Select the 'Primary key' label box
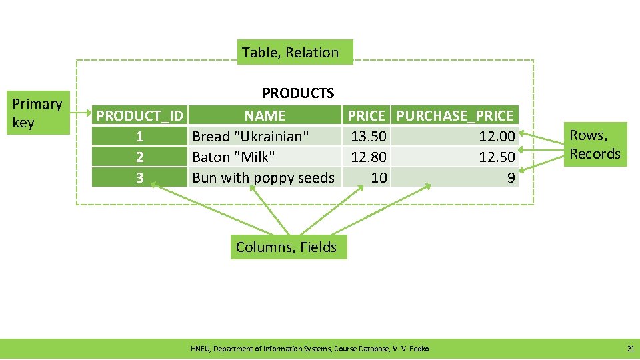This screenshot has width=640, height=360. point(37,113)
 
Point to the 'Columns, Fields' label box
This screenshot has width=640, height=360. point(287,247)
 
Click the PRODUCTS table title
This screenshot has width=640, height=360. point(298,93)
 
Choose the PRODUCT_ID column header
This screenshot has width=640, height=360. point(140,116)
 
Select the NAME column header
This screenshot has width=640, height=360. point(265,116)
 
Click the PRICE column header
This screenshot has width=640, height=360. point(366,116)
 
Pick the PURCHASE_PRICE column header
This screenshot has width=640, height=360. point(455,116)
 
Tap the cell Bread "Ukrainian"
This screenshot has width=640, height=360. point(251,137)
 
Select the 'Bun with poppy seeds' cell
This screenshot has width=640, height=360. point(263,178)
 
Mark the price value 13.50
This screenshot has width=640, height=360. point(369,137)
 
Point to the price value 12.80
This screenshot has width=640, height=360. point(369,157)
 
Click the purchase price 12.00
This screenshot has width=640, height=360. point(497,137)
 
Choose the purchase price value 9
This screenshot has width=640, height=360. point(511,178)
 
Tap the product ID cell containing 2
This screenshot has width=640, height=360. point(139,157)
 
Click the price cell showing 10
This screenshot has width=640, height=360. point(379,178)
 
